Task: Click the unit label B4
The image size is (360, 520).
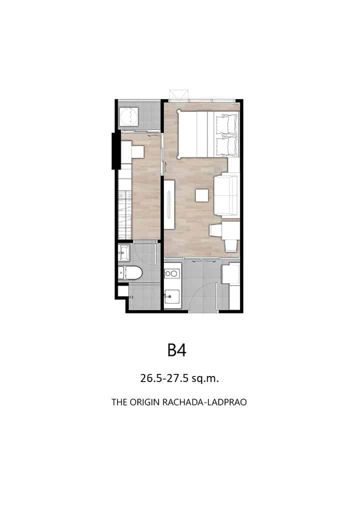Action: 176,350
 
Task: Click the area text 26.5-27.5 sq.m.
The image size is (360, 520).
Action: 179,378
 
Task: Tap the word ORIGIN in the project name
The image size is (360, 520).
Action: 144,402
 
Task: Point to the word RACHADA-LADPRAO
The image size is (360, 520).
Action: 204,402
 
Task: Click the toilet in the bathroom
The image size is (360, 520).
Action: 130,272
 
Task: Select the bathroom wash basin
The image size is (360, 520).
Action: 124,252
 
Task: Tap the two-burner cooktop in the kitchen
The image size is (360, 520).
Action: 171,273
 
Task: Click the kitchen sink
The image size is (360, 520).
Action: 172,295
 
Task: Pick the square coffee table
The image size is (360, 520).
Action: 202,195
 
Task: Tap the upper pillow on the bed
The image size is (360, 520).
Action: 227,123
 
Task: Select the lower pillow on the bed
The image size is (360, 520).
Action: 227,145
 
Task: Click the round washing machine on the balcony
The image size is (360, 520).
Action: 129,116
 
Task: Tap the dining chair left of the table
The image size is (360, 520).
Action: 215,230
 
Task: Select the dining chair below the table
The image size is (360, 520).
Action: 231,245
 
